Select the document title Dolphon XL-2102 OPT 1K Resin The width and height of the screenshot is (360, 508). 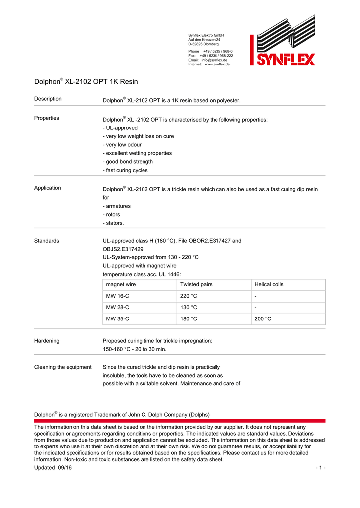coord(86,81)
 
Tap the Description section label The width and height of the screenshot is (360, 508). coord(48,99)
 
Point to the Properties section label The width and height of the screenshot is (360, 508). coord(46,118)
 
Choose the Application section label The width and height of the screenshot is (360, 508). coord(47,188)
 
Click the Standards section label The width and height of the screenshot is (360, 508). coord(46,241)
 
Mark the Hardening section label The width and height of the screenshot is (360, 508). coord(47,341)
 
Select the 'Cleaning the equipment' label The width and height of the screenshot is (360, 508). coord(63,367)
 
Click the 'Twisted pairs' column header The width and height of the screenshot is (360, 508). coord(196,285)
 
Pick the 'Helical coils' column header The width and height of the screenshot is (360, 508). coord(269,285)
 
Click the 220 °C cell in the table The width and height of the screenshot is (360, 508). coord(189,296)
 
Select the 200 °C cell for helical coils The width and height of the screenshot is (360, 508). coord(263,319)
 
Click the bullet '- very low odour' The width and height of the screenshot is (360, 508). coord(122,145)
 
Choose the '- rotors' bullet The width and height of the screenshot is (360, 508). coord(111,215)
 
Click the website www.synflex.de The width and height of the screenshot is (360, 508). coord(217,64)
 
